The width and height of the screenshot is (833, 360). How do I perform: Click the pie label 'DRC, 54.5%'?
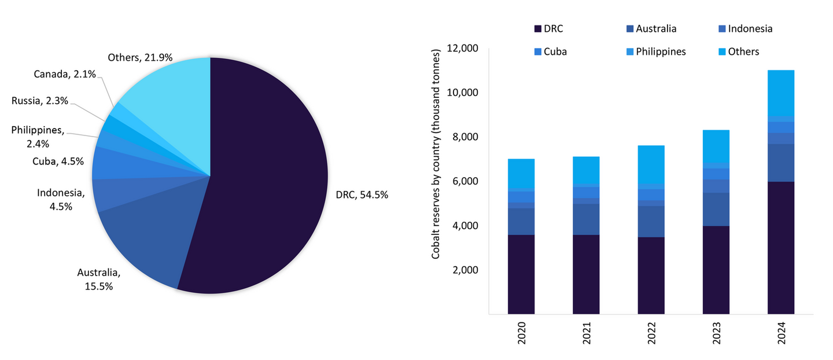coord(362,195)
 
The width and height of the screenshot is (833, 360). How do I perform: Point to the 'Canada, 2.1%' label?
coord(64,74)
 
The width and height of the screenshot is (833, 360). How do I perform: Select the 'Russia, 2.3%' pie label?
coord(39,101)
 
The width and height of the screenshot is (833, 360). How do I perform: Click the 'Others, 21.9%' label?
coord(141,57)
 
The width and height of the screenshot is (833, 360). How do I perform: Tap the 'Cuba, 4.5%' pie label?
coord(58,161)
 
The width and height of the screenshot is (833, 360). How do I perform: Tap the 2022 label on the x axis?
coord(651,334)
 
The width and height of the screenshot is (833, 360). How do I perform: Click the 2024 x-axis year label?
coord(782,334)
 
